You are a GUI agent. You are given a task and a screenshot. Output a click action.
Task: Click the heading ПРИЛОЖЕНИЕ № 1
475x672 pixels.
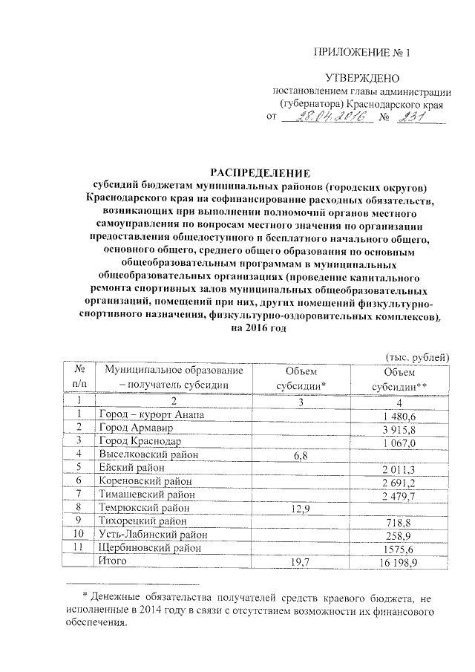[x=362, y=53]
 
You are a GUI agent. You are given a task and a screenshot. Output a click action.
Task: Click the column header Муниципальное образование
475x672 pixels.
[x=174, y=371]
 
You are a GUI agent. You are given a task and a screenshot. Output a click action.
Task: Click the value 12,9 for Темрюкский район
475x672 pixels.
[x=301, y=509]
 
